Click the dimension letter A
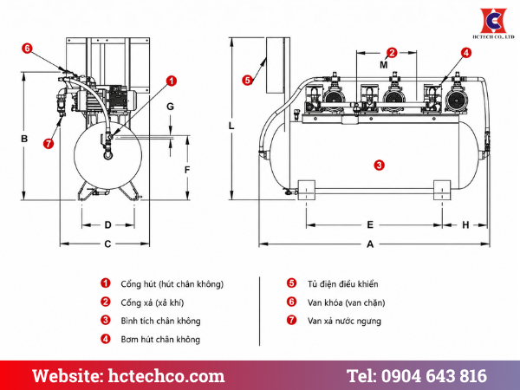(370, 244)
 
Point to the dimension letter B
(24, 139)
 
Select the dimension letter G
(170, 107)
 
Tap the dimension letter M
(384, 65)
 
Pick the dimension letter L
(231, 126)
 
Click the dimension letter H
(465, 225)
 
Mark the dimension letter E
(370, 224)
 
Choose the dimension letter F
(187, 170)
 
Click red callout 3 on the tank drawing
(379, 166)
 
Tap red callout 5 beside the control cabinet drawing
(247, 80)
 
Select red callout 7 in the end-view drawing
(49, 144)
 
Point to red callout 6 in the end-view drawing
(27, 49)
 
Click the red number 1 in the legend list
(106, 283)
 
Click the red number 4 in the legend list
(106, 339)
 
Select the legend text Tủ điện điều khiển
(342, 284)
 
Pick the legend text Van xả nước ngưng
(344, 322)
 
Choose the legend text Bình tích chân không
(160, 321)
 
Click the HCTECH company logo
(493, 23)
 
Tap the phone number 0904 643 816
(434, 376)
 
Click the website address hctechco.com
(166, 376)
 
